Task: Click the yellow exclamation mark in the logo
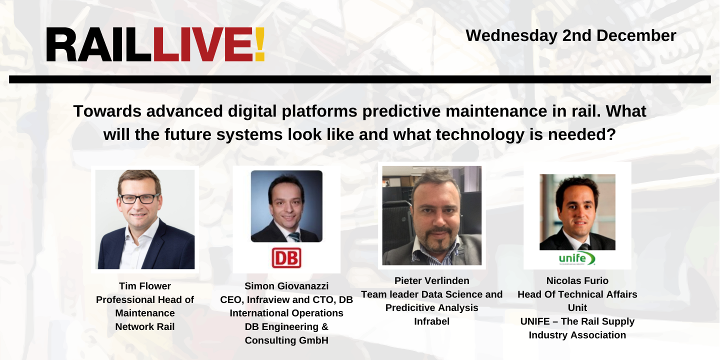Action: click(x=259, y=45)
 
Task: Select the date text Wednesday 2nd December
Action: click(x=571, y=35)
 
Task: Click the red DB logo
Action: click(x=286, y=258)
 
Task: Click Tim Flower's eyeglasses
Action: click(x=139, y=198)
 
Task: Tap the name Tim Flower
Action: click(x=145, y=286)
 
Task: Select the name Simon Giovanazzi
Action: click(x=286, y=286)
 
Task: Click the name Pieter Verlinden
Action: click(x=431, y=280)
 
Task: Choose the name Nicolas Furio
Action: click(x=577, y=280)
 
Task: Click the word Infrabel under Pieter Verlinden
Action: click(x=431, y=321)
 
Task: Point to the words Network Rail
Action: click(x=145, y=326)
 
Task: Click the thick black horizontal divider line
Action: click(x=360, y=79)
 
